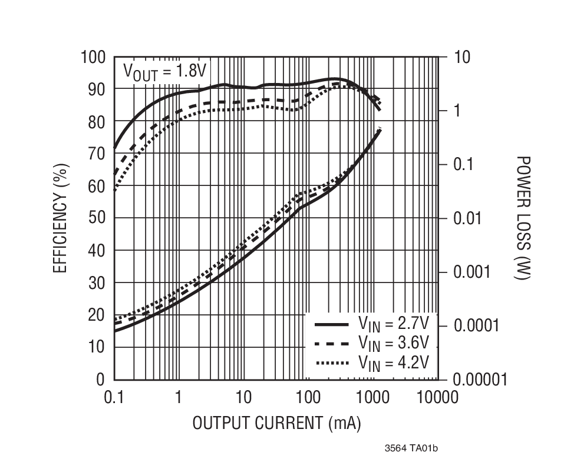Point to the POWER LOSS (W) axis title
(522, 218)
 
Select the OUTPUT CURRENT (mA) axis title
(276, 423)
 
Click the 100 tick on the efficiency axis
(93, 57)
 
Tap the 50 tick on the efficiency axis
(97, 218)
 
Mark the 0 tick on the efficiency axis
(101, 380)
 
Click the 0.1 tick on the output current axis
(114, 397)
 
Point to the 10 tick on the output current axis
(243, 397)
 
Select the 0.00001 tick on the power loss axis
(480, 380)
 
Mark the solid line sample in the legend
(332, 324)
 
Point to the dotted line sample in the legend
(332, 363)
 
